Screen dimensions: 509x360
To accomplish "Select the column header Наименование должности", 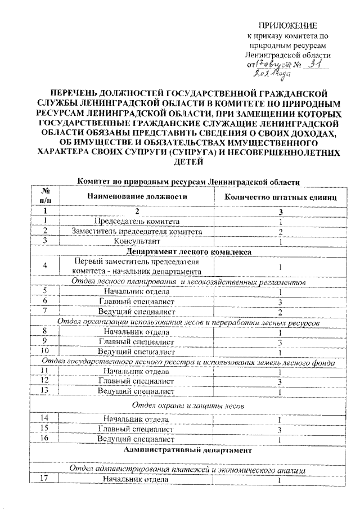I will [x=136, y=197].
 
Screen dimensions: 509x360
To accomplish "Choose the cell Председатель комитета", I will [x=137, y=221].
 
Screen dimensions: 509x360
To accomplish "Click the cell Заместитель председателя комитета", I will [x=137, y=231].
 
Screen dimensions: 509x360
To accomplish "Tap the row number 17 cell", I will [x=45, y=479].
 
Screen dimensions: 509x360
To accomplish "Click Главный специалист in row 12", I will [x=137, y=381].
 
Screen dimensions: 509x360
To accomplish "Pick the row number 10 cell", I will [x=45, y=352].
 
